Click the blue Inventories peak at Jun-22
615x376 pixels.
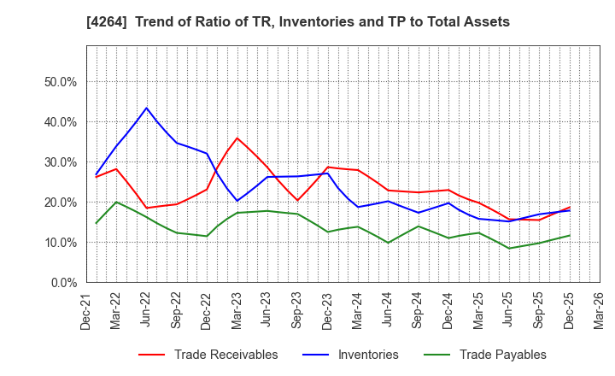146,108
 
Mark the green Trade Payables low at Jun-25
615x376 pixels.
509,249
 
